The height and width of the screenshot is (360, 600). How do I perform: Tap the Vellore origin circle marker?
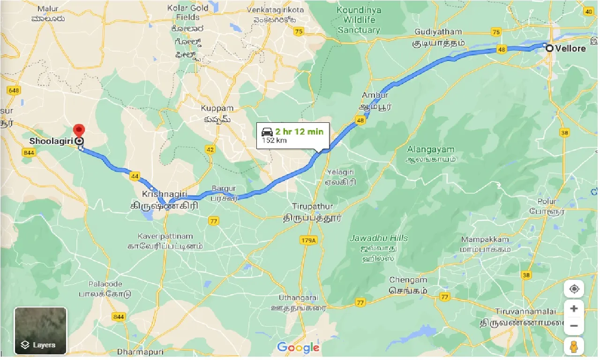[x=548, y=48]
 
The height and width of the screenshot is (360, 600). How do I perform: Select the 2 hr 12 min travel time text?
[x=299, y=131]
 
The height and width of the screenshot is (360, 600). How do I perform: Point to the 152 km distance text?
[x=274, y=141]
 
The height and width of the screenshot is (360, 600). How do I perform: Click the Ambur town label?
[x=375, y=95]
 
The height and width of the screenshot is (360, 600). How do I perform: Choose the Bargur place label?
[x=224, y=188]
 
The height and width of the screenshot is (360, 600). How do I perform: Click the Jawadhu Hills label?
[x=379, y=238]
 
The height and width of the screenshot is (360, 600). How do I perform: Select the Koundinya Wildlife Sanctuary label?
[x=359, y=20]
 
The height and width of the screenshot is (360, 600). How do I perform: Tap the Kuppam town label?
[x=217, y=108]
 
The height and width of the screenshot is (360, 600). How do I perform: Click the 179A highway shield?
[x=308, y=240]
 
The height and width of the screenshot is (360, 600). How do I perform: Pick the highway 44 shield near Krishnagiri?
[x=135, y=176]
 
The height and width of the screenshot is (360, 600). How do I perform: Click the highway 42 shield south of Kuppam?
[x=210, y=150]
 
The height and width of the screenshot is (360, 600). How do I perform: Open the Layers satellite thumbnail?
[x=41, y=330]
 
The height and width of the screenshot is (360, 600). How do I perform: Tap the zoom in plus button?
[x=574, y=309]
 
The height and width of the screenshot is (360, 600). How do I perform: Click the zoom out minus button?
[x=574, y=326]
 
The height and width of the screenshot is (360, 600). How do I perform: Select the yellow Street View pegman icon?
[x=574, y=347]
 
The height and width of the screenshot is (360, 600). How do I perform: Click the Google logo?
[x=298, y=347]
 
